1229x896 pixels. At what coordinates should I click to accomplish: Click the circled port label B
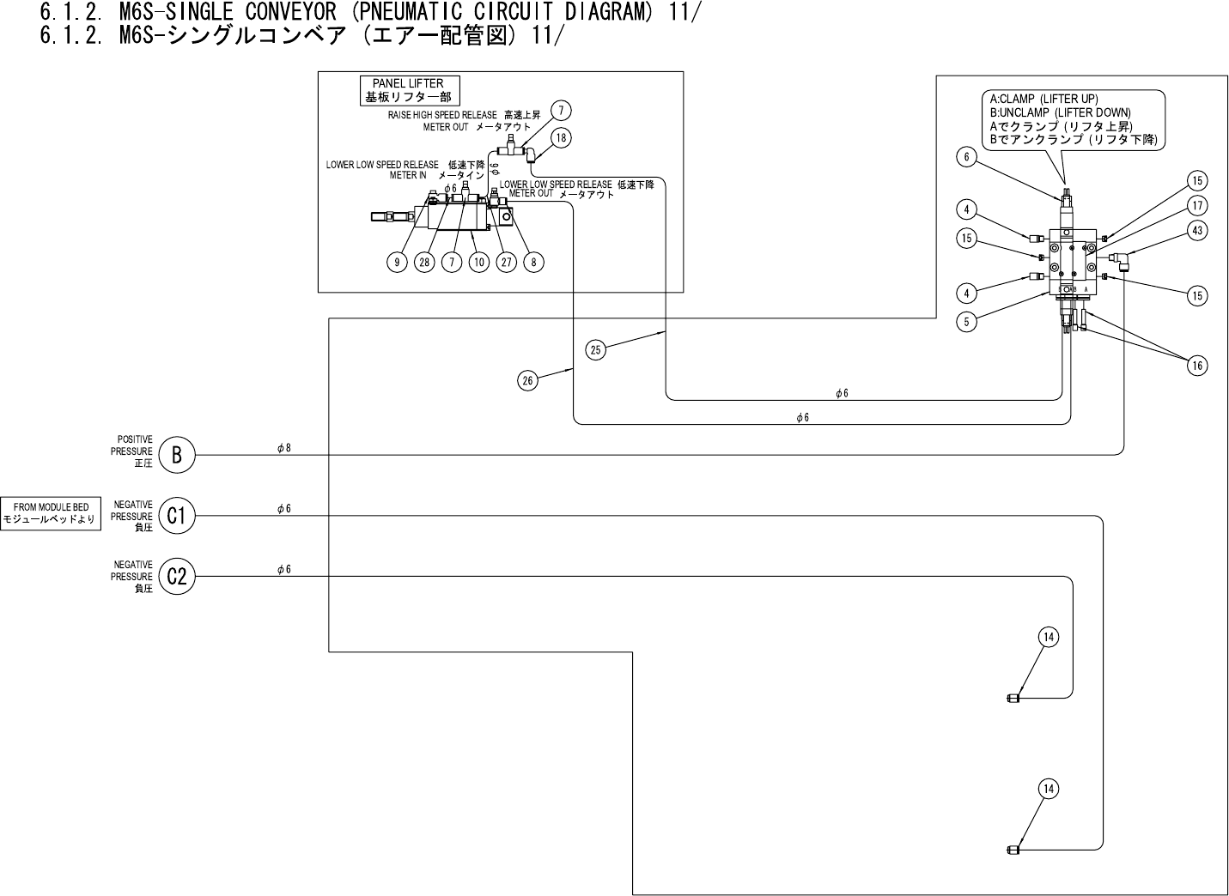click(177, 455)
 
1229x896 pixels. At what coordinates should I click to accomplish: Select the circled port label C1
click(177, 516)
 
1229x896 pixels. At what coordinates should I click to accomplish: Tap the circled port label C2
click(177, 577)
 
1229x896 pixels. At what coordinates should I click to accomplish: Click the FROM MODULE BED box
click(51, 513)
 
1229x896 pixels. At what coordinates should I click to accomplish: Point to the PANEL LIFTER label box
click(408, 90)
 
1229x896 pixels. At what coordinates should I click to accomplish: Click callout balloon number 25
click(597, 348)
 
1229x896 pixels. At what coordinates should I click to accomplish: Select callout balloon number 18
click(560, 137)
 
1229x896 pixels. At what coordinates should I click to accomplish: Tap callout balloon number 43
click(1197, 231)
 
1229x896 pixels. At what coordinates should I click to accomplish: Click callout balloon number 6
click(967, 156)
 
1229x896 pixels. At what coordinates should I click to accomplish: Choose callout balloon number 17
click(1197, 206)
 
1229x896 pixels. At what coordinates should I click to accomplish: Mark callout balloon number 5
click(967, 322)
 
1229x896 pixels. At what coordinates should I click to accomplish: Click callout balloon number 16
click(1197, 366)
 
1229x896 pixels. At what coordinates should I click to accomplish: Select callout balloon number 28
click(424, 262)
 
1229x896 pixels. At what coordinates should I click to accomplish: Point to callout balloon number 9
click(397, 262)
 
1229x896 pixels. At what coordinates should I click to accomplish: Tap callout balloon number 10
click(478, 262)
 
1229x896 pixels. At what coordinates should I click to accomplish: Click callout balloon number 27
click(506, 262)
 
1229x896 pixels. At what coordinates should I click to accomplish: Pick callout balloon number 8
click(533, 262)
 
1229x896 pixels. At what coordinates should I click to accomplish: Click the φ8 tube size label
click(284, 447)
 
